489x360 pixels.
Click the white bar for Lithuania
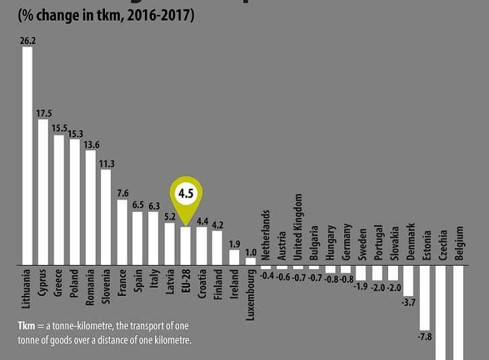pyautogui.click(x=28, y=155)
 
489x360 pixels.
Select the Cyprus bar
pyautogui.click(x=43, y=192)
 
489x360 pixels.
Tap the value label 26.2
pyautogui.click(x=28, y=40)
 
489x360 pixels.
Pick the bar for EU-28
pyautogui.click(x=187, y=245)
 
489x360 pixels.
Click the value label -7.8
pyautogui.click(x=425, y=336)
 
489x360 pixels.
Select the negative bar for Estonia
pyautogui.click(x=425, y=297)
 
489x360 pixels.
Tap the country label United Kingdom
pyautogui.click(x=299, y=231)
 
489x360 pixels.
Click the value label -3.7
pyautogui.click(x=409, y=303)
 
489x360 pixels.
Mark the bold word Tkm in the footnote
pyautogui.click(x=25, y=326)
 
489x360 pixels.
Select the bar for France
pyautogui.click(x=122, y=232)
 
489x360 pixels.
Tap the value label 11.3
pyautogui.click(x=106, y=163)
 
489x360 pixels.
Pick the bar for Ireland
pyautogui.click(x=234, y=257)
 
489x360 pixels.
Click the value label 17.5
pyautogui.click(x=44, y=113)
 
